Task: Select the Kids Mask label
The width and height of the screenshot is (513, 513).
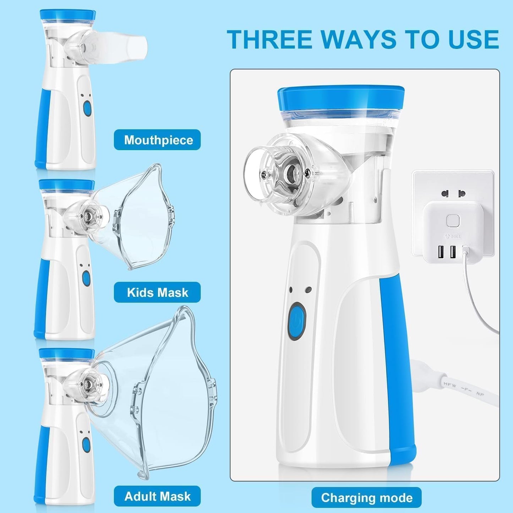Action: click(157, 292)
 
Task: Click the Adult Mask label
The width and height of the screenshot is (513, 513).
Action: click(157, 496)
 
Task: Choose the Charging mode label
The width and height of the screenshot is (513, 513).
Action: click(366, 498)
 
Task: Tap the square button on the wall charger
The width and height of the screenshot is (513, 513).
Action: click(453, 221)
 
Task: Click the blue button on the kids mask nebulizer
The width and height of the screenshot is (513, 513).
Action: click(86, 278)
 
